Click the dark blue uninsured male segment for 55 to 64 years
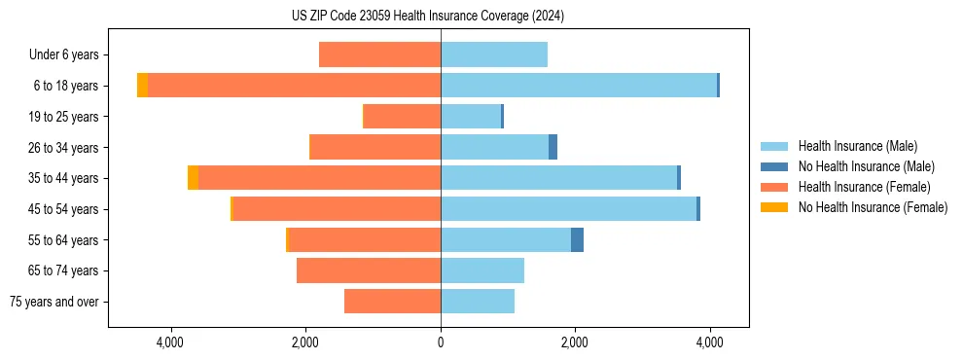[x=577, y=240]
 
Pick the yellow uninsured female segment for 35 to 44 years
[x=193, y=178]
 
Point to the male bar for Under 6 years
[x=494, y=54]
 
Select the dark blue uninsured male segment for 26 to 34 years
[x=553, y=147]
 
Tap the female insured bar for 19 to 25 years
[x=402, y=117]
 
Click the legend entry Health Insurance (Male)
[x=857, y=146]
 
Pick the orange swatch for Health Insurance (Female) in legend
[x=773, y=187]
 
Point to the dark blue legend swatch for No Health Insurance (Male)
[x=773, y=166]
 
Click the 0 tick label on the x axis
[x=441, y=342]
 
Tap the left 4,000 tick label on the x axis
[x=171, y=342]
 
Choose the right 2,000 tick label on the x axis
[x=575, y=342]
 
